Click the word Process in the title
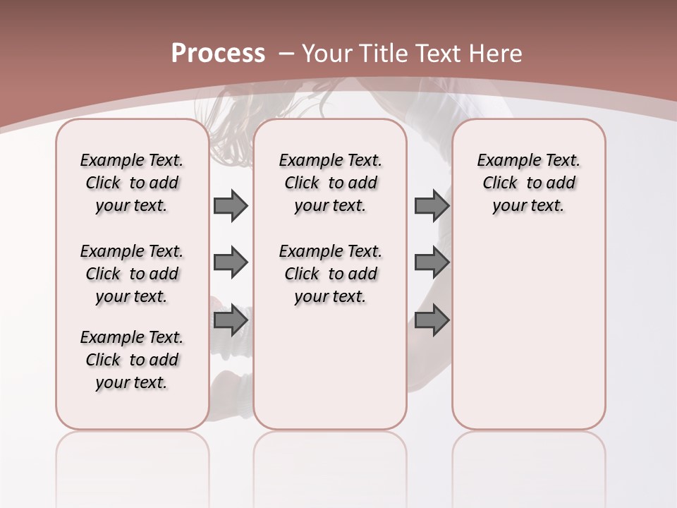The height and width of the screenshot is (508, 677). click(218, 54)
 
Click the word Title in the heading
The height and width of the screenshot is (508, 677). click(384, 54)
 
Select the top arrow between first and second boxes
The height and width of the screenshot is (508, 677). click(231, 206)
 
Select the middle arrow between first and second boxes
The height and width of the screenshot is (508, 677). click(231, 263)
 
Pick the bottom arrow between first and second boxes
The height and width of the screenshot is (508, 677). click(231, 320)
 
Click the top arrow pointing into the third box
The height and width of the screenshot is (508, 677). click(432, 206)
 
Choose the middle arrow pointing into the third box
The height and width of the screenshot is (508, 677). click(432, 263)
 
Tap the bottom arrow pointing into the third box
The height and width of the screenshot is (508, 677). click(432, 320)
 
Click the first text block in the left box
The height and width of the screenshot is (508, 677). click(132, 183)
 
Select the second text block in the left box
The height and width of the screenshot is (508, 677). click(132, 274)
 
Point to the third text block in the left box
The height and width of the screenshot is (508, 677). click(132, 360)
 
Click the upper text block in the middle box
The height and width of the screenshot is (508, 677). click(330, 183)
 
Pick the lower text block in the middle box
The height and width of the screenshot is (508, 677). click(330, 274)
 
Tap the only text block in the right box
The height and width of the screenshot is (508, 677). click(528, 183)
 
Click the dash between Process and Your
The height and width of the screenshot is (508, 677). click(286, 54)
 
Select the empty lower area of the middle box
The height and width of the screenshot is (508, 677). click(330, 367)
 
